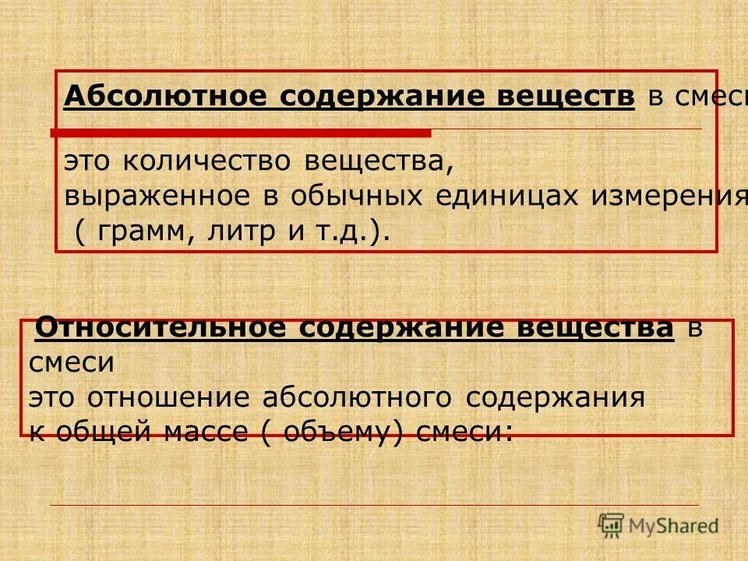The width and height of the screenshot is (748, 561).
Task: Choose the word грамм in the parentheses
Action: [139, 231]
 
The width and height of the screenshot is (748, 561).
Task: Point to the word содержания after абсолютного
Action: [555, 398]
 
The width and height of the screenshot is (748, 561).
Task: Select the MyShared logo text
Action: [673, 527]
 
